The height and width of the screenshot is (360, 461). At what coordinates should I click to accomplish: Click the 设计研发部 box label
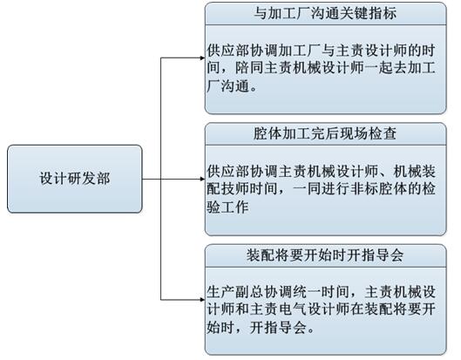click(75, 179)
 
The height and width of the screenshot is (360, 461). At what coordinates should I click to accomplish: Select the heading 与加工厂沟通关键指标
click(325, 14)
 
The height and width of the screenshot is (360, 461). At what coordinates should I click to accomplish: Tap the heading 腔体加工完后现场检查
click(325, 133)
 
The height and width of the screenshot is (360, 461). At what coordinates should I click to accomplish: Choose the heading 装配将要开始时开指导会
click(325, 255)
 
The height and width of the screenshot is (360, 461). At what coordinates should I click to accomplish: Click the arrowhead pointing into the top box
click(202, 58)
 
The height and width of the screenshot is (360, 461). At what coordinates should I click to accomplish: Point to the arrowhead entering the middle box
click(202, 179)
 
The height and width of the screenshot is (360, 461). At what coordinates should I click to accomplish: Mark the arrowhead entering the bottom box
click(202, 300)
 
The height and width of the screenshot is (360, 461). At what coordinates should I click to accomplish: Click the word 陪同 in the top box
click(249, 68)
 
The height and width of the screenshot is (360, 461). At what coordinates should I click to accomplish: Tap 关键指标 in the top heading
click(368, 14)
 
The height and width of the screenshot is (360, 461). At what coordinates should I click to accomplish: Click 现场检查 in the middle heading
click(368, 133)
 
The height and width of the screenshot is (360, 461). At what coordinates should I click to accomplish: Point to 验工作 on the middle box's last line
click(227, 207)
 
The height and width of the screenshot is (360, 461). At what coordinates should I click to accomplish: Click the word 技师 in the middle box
click(235, 189)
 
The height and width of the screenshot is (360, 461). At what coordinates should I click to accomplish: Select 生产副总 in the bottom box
click(235, 292)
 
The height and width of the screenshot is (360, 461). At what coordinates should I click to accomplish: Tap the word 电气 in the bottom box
click(293, 309)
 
